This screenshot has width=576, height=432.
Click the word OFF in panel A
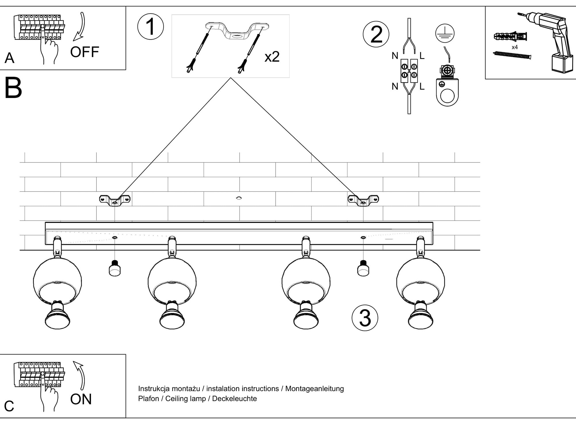(84, 52)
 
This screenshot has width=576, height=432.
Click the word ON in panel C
(81, 399)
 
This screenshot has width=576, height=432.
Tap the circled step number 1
(151, 27)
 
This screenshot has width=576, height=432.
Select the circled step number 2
(376, 34)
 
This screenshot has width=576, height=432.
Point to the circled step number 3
(365, 318)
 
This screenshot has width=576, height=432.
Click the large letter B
(13, 88)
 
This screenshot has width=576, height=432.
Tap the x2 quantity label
(272, 57)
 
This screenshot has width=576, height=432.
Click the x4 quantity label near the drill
(515, 47)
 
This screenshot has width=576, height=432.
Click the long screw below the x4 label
(512, 55)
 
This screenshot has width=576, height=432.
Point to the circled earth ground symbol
(445, 33)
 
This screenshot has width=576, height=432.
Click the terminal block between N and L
(409, 71)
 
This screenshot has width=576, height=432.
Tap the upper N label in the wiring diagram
(395, 56)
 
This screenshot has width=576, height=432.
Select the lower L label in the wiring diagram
(422, 86)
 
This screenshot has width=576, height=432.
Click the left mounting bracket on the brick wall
(115, 200)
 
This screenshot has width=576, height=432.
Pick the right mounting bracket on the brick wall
(363, 200)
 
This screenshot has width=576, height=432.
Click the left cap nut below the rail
(115, 268)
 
